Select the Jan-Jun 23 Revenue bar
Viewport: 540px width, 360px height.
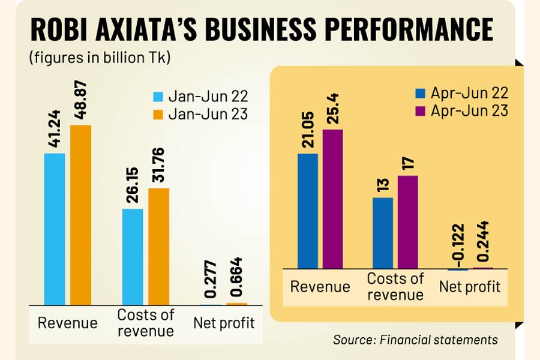pyautogui.click(x=80, y=214)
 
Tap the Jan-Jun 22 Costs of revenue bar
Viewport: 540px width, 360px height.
pyautogui.click(x=133, y=256)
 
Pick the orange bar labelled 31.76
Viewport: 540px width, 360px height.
pyautogui.click(x=159, y=246)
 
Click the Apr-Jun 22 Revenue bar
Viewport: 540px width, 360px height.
pyautogui.click(x=308, y=211)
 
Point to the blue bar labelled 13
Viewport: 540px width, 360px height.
pyautogui.click(x=383, y=233)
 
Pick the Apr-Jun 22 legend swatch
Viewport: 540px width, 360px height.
pyautogui.click(x=421, y=94)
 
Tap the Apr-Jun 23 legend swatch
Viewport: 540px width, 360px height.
pyautogui.click(x=421, y=111)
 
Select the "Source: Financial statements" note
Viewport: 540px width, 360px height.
pyautogui.click(x=416, y=340)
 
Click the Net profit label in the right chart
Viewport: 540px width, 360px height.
pyautogui.click(x=470, y=286)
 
